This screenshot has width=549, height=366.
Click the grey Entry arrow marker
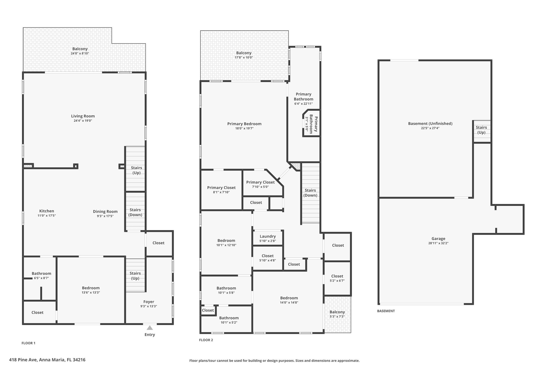[x=150, y=328]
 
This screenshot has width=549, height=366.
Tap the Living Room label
[x=83, y=116]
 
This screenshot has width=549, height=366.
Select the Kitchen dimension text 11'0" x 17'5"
[x=47, y=216]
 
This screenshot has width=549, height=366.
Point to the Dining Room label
[x=105, y=211]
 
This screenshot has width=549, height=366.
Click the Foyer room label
[x=149, y=302]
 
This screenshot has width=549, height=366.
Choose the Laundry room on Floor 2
[x=268, y=238]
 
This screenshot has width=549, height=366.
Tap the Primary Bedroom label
[x=244, y=124]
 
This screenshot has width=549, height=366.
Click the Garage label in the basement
[x=438, y=238]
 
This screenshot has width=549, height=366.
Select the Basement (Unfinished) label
[x=430, y=123]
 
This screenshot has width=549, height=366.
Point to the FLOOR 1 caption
[x=28, y=343]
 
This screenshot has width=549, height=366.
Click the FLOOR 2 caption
[x=206, y=340]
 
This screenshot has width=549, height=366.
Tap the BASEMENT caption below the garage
[x=386, y=311]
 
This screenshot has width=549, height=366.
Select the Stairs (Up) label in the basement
[x=481, y=130]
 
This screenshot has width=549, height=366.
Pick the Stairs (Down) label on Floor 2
[x=310, y=193]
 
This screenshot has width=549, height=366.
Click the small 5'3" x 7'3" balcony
[x=337, y=314]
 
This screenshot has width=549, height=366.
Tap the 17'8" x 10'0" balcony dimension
[x=244, y=57]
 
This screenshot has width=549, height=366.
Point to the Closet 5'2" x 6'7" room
[x=337, y=278]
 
